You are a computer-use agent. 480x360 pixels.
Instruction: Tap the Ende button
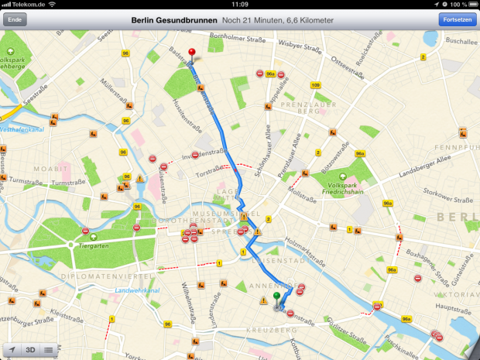[x=14, y=19]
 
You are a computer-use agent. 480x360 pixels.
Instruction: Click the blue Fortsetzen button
[x=458, y=19]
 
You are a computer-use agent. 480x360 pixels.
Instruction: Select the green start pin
[x=276, y=297]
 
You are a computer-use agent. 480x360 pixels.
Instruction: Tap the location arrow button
[x=12, y=349]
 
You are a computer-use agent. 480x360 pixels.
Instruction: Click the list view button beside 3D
[x=48, y=349]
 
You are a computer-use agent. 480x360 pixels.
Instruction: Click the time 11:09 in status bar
[x=239, y=5]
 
